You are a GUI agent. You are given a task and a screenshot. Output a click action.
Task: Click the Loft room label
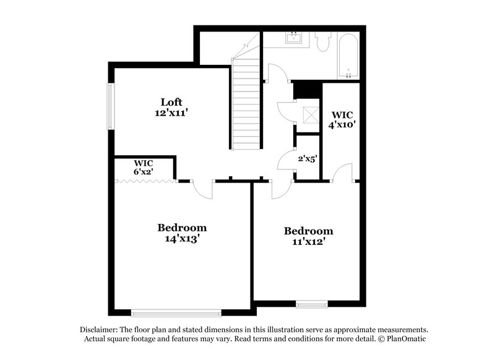click(171, 102)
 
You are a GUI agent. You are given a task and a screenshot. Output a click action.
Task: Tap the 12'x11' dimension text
click(171, 113)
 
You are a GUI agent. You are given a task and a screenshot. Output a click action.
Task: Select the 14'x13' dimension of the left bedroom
click(181, 239)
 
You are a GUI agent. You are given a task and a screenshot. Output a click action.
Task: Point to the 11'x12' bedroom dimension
click(308, 242)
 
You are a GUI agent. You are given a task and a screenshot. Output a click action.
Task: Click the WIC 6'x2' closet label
click(143, 167)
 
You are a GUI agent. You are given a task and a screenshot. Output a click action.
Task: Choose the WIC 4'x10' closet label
click(342, 119)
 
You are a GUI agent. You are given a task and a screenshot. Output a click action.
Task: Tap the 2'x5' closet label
click(308, 158)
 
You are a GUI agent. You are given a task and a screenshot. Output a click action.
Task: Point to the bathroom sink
click(293, 38)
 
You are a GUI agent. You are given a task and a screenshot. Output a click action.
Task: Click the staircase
click(246, 102)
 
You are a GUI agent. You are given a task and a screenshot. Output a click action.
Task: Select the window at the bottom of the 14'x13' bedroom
click(176, 311)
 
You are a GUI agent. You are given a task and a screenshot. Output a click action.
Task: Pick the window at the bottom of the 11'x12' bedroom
click(312, 304)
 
